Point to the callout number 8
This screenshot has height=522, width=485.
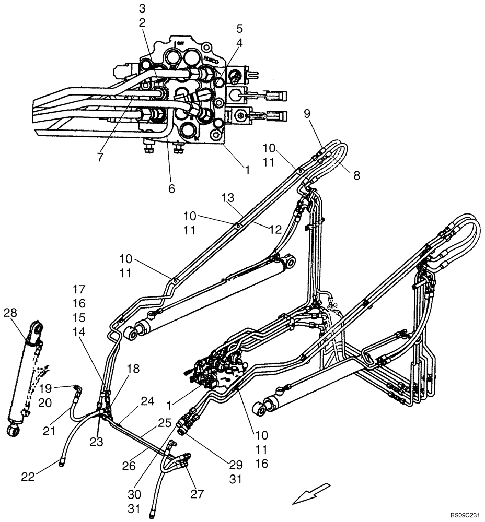point(356,176)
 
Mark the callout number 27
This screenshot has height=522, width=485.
point(197,494)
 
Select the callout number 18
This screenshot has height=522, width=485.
point(133,369)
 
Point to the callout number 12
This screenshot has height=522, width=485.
point(276,228)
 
